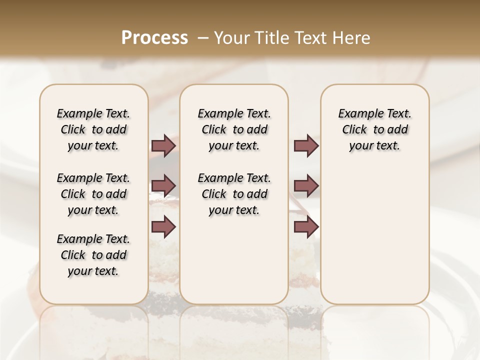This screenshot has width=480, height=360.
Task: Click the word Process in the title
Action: (154, 38)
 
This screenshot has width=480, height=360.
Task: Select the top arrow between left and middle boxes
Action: (163, 145)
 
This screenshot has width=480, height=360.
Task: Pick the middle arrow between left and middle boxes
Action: (163, 186)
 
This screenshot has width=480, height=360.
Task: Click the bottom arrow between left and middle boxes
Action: (163, 226)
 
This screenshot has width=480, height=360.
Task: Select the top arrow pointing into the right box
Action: (306, 145)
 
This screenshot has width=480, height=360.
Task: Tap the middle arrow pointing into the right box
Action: (306, 186)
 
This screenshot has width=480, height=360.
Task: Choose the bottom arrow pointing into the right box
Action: (306, 226)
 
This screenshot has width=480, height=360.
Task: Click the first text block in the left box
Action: (93, 129)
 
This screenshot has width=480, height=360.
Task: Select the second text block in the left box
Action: (93, 194)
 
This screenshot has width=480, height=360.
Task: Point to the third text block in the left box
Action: (93, 255)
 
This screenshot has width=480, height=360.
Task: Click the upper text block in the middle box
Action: (234, 129)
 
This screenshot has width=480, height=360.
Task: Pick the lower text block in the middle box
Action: (234, 194)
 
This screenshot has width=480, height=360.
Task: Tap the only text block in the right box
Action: (374, 129)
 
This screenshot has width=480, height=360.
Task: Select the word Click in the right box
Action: (354, 130)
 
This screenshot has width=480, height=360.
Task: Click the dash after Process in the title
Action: (203, 38)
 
